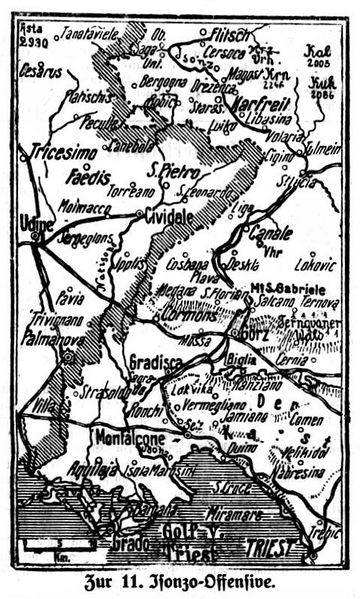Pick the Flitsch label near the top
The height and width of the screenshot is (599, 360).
[223, 33]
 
